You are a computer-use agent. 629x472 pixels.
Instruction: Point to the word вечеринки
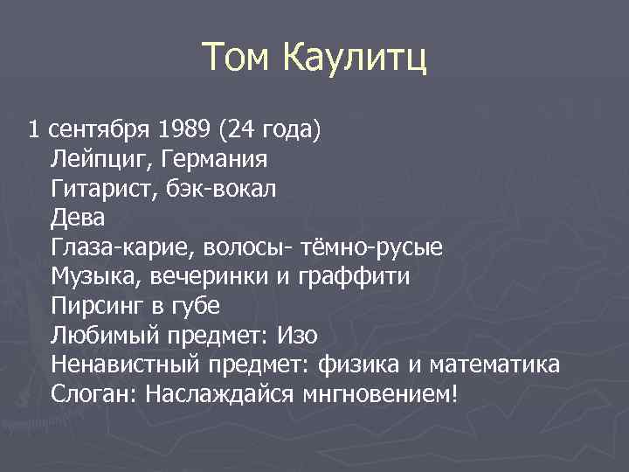click(x=199, y=277)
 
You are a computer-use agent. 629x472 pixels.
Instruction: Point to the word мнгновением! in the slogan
click(x=378, y=394)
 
